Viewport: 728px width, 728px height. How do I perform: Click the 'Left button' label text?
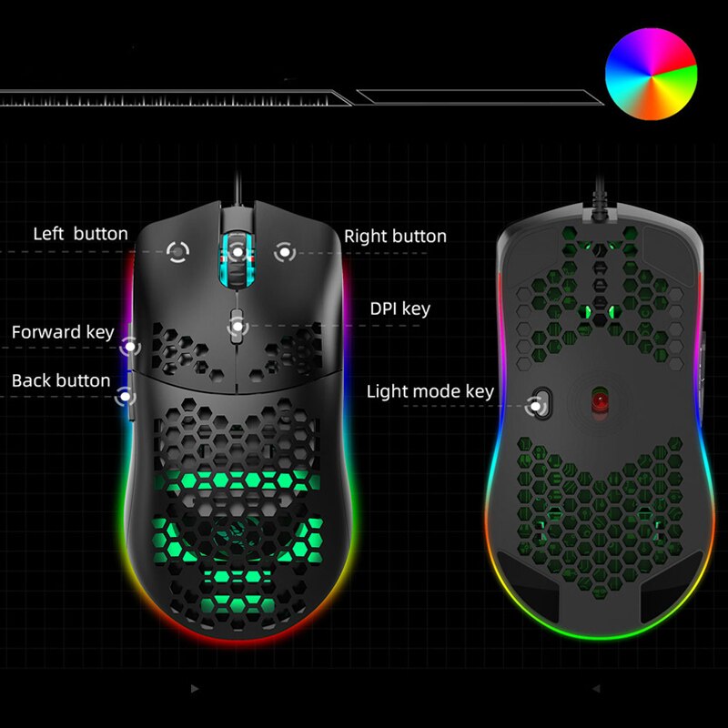point(80,234)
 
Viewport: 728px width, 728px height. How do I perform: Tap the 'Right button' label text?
point(395,236)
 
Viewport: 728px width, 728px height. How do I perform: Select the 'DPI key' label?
point(400,308)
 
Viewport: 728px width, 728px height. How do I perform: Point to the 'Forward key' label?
point(63,332)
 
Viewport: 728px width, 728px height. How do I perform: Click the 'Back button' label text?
point(61,380)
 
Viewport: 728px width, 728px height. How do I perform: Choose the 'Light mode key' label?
point(430,391)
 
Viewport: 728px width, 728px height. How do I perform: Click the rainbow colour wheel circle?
point(651,74)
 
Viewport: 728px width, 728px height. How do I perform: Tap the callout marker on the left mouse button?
point(177,252)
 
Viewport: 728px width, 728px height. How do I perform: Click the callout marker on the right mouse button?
point(285,252)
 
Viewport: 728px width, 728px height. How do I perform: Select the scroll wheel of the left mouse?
point(238,260)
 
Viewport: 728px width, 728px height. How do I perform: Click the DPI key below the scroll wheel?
point(237,327)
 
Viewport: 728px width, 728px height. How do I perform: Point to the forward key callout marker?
point(130,347)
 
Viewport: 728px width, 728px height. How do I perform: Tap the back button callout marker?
point(125,397)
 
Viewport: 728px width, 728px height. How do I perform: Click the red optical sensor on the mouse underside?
point(600,401)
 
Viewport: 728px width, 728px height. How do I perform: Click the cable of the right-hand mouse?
point(600,194)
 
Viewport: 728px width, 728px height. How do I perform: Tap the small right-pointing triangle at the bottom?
point(195,689)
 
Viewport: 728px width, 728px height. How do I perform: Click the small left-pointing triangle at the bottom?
point(597,689)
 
